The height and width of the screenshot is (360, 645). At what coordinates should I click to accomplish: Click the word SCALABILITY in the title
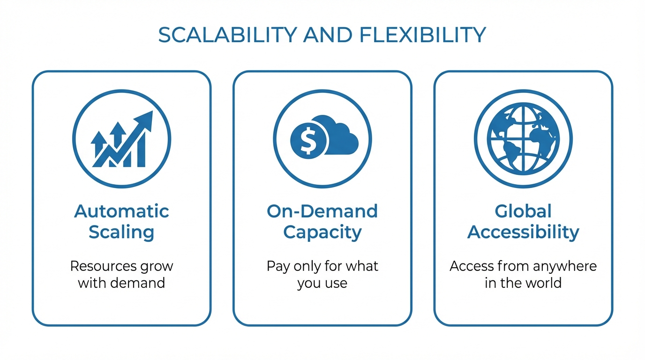[227, 35]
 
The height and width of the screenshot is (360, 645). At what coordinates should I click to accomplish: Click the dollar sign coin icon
[308, 140]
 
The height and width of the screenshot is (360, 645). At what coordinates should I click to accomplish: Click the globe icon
[523, 139]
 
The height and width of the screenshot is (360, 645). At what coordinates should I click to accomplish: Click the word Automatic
[121, 211]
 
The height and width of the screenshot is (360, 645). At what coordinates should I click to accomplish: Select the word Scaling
[121, 232]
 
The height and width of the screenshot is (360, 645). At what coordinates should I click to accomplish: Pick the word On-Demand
[322, 211]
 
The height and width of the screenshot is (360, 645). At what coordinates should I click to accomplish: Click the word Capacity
[322, 232]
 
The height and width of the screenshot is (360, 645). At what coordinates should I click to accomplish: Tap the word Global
[523, 211]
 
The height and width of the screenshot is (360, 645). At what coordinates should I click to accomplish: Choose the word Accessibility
[523, 232]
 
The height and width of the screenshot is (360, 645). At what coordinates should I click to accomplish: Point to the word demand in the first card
[139, 283]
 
